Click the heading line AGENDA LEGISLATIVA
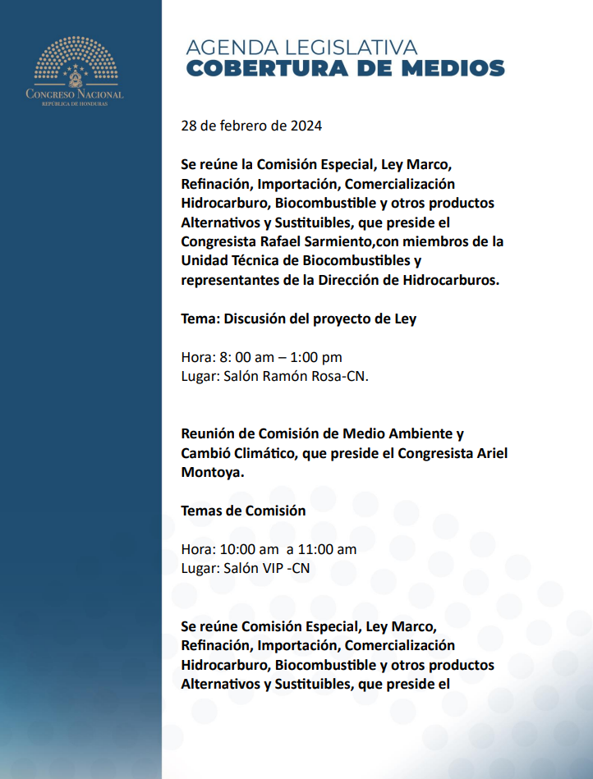point(301,48)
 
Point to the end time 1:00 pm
point(316,357)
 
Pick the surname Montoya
point(212,473)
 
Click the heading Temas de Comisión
point(243,511)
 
